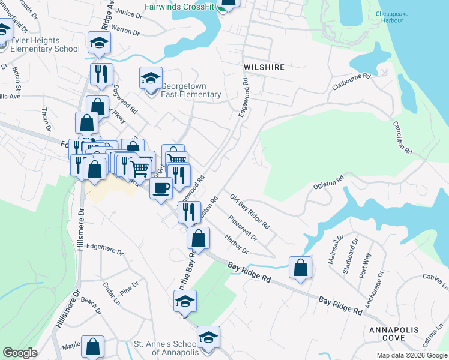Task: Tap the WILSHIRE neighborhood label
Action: pyautogui.click(x=264, y=67)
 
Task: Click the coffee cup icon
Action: pyautogui.click(x=161, y=189)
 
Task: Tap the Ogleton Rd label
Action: pyautogui.click(x=328, y=182)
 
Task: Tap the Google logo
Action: pyautogui.click(x=20, y=353)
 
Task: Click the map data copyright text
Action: pyautogui.click(x=411, y=355)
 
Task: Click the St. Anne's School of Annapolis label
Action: pyautogui.click(x=164, y=348)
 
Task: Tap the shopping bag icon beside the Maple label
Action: pyautogui.click(x=93, y=347)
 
